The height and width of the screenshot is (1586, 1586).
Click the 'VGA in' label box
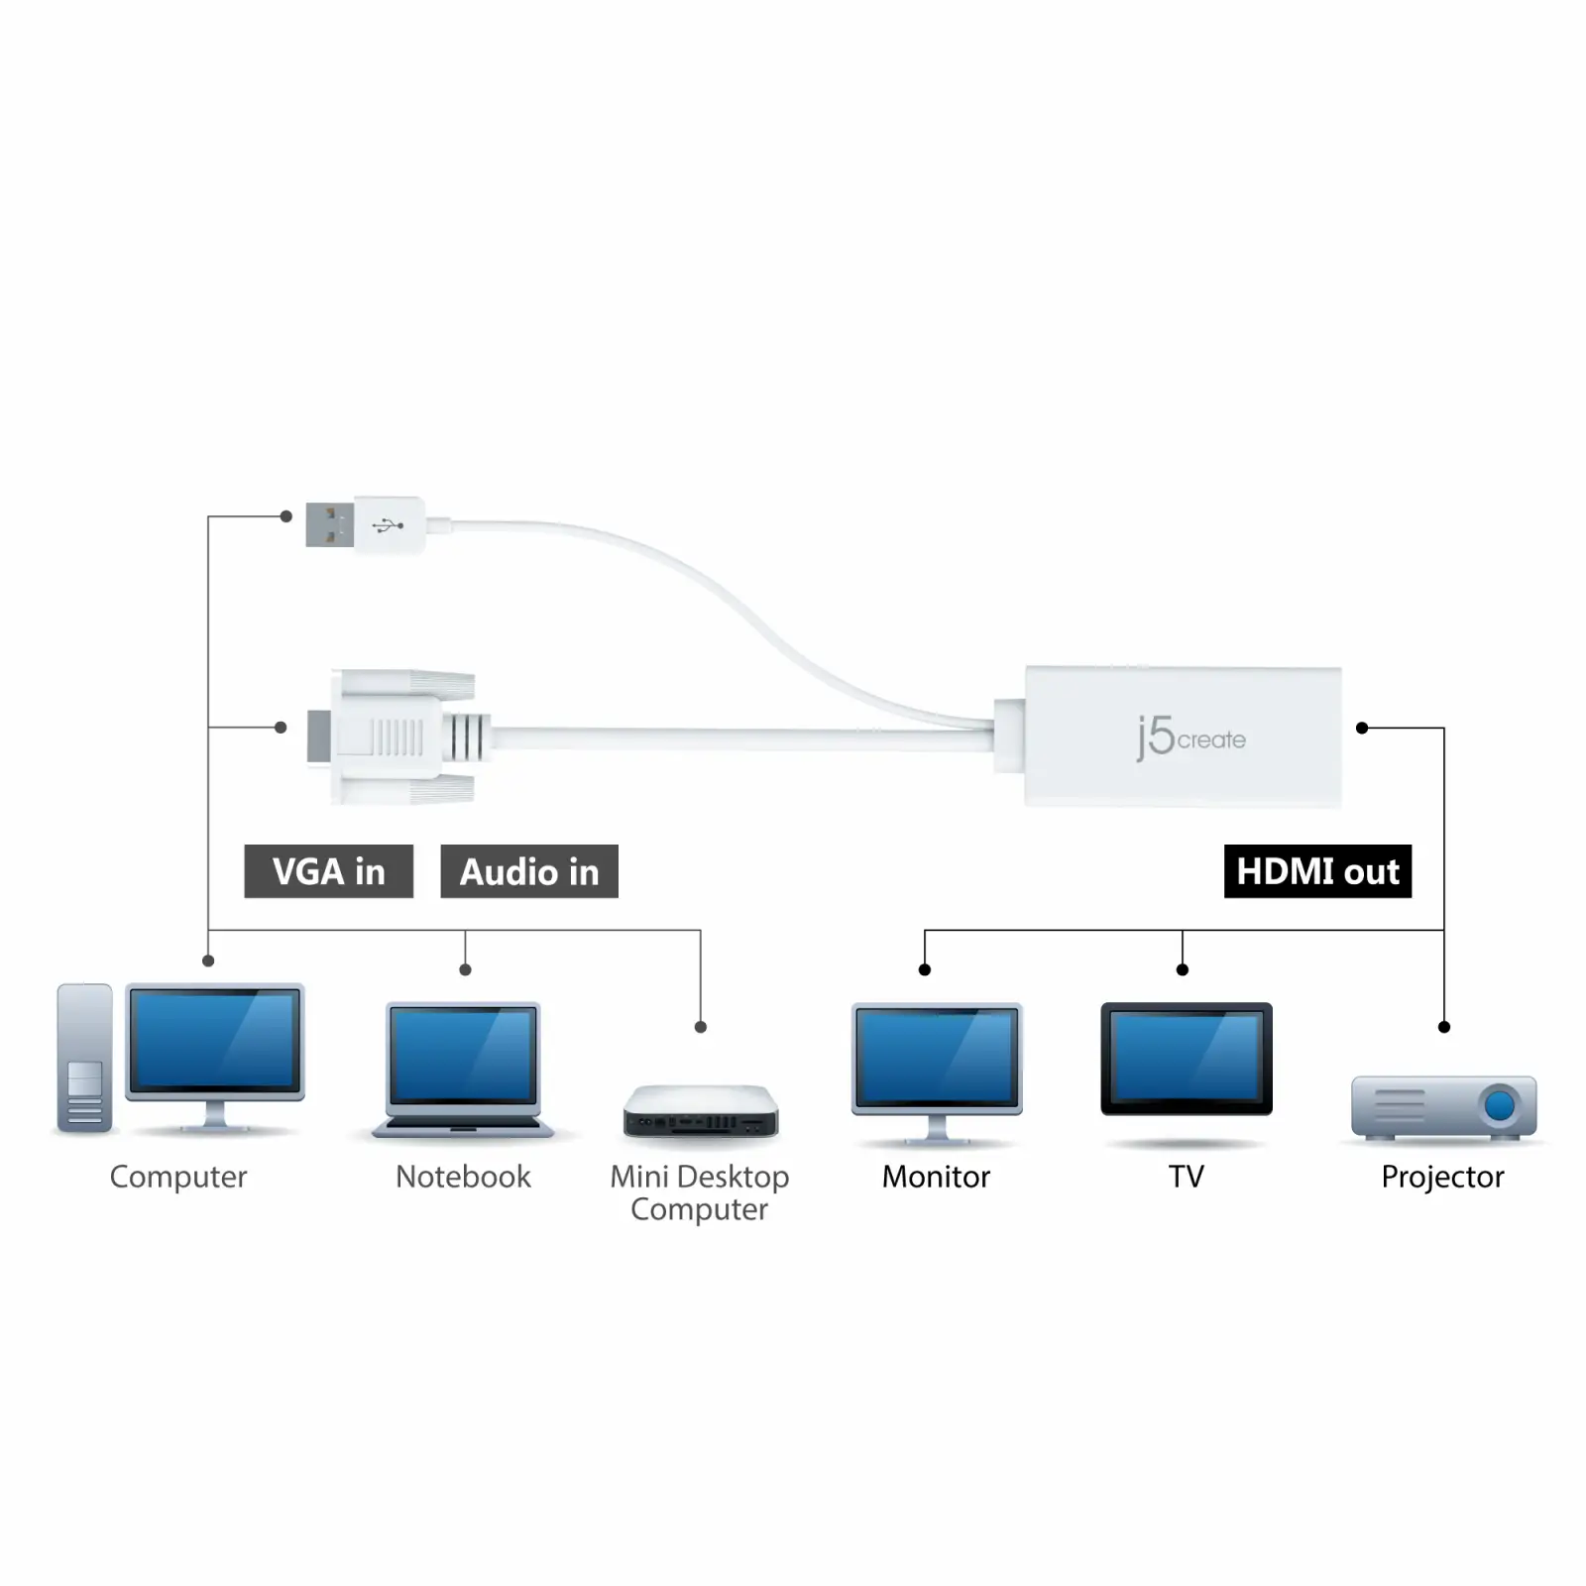coord(329,871)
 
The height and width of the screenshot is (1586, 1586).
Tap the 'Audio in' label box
coord(529,871)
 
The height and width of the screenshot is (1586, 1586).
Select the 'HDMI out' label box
coord(1317,871)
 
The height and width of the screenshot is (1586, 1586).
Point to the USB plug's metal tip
coord(330,525)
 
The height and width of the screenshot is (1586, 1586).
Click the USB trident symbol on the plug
coord(388,525)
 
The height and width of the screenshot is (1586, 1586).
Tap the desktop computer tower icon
coord(84,1058)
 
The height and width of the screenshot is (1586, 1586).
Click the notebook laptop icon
coord(463,1071)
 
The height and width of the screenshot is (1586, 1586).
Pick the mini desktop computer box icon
coord(701,1111)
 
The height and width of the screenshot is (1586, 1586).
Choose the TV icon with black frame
coord(1187,1059)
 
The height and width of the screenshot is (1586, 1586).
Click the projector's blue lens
coord(1500,1104)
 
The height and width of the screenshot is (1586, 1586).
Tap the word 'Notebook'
coord(463,1177)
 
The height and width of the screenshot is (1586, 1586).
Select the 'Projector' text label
coord(1442,1178)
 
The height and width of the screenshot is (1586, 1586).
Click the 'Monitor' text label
coord(936,1177)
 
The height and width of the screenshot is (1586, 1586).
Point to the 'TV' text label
coord(1186,1177)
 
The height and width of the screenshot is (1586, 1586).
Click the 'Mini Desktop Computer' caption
coord(700,1192)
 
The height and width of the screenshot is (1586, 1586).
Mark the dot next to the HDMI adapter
coord(1362,728)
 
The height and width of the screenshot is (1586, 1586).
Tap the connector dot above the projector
coord(1444,1027)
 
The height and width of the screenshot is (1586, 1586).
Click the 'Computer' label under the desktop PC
coord(178,1178)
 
